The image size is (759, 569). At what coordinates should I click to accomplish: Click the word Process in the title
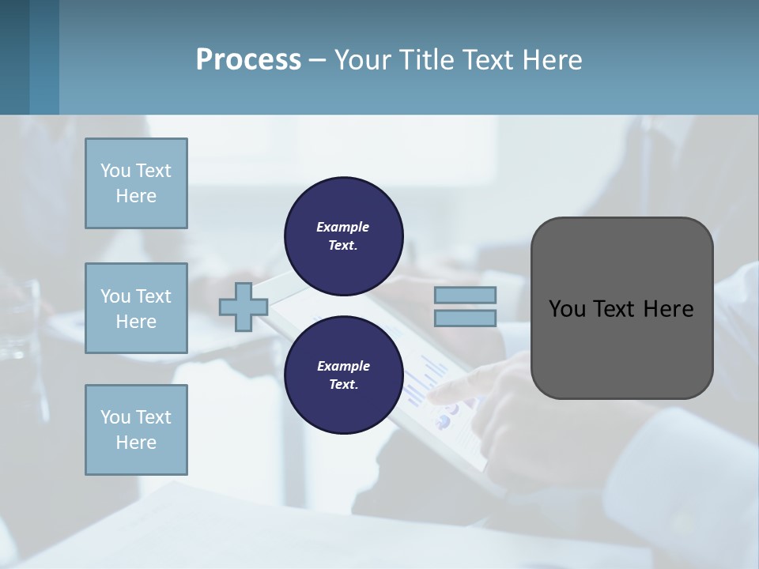point(248,60)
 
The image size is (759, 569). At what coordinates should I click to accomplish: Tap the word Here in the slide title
point(550,60)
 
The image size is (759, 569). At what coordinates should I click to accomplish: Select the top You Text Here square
point(136,183)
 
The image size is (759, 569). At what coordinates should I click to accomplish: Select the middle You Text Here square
point(136,308)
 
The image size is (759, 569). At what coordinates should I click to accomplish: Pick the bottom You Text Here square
point(136,430)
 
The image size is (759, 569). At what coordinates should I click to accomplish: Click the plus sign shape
point(244,307)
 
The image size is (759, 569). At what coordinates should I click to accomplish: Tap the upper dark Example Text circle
point(343,236)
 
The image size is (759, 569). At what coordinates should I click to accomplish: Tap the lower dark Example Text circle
point(343,375)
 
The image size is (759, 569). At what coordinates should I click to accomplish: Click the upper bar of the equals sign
point(465,295)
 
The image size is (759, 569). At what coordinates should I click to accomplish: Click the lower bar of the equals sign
point(465,318)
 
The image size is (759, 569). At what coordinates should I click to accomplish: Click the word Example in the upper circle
point(343,227)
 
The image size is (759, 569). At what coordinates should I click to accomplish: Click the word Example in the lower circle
point(343,366)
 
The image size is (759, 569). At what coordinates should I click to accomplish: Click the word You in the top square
point(115,171)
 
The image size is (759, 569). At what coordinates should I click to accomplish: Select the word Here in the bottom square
point(136,443)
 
